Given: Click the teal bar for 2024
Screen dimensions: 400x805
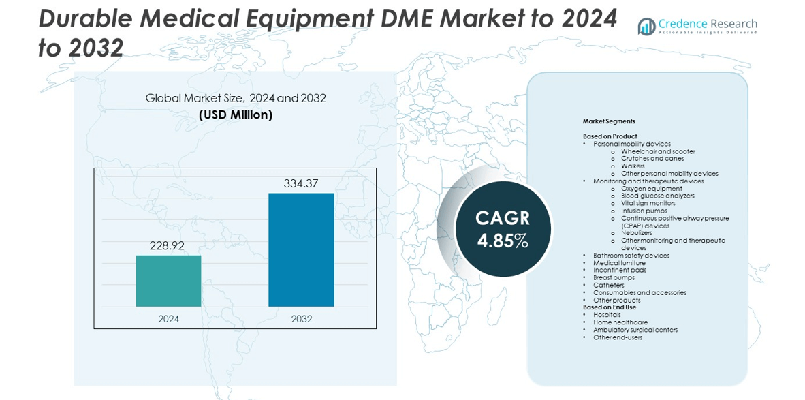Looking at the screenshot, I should [168, 281].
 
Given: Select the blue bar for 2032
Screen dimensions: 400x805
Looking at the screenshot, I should [301, 249].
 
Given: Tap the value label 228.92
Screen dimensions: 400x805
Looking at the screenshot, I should [168, 245].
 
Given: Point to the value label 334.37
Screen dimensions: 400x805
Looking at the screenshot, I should [301, 183].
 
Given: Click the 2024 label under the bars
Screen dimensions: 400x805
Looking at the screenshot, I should [168, 319].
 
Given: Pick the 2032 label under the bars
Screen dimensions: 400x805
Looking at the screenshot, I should [301, 319].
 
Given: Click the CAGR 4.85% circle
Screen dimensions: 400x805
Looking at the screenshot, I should [503, 229].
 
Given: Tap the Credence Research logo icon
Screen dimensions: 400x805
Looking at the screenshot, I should [646, 26].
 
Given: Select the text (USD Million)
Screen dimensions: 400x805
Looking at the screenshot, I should [236, 115].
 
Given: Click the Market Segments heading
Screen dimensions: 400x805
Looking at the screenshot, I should [609, 121].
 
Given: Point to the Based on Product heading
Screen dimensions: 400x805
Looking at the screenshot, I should [610, 136].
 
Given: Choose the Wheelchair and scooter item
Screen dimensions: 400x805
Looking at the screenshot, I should [658, 151].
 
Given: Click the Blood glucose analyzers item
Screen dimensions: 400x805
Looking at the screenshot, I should [657, 196].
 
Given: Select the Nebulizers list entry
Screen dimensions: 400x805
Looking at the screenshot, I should [636, 233].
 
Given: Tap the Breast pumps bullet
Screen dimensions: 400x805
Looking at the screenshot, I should [614, 277].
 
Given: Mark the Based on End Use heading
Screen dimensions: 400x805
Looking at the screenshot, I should [610, 307].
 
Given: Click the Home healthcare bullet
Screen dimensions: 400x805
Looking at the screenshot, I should [620, 322].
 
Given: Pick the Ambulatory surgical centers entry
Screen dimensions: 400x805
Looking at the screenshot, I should [635, 330].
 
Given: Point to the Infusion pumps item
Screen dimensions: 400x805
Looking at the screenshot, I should [644, 211].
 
